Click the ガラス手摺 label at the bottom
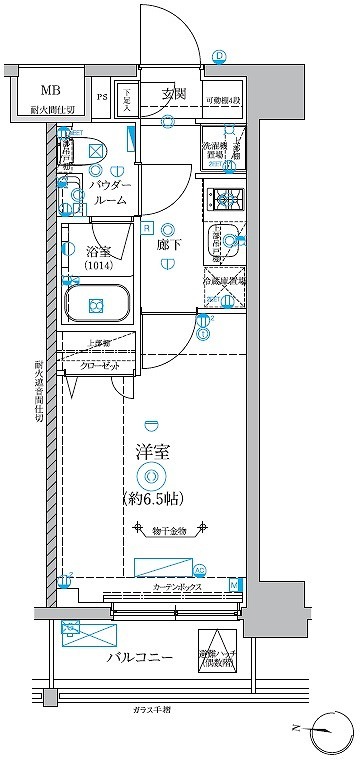(154, 708)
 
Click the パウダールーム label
(108, 192)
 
